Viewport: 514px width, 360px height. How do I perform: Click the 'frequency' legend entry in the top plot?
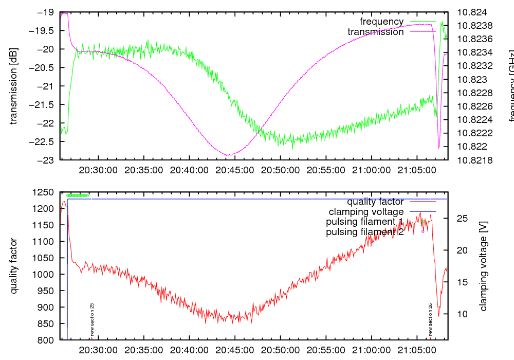pos(381,22)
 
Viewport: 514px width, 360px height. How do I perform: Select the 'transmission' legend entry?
pos(376,32)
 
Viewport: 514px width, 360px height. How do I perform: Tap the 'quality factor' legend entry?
pos(375,202)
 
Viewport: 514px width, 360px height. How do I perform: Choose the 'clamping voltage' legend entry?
pos(366,212)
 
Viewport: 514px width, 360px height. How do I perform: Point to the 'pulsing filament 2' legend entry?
pos(365,232)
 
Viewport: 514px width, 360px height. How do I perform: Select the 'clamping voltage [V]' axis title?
pos(483,266)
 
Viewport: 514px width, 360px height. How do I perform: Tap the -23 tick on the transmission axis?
pos(47,160)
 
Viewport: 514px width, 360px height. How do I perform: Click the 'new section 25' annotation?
pos(91,319)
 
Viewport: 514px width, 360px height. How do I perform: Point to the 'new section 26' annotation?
pos(430,319)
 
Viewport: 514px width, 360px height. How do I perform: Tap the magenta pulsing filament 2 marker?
pos(423,231)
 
